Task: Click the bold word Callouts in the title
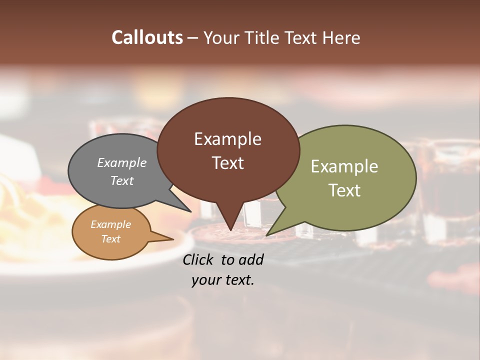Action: pos(147,37)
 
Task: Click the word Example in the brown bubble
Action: pos(227,139)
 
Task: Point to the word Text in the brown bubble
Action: pos(227,162)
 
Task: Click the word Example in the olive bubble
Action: pos(344,166)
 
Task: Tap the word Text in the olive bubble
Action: pos(344,190)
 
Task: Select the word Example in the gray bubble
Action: pos(122,162)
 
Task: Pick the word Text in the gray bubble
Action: pos(122,180)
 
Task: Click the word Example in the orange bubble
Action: pos(110,224)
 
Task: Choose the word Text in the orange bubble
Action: pos(110,239)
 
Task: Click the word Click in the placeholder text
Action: pos(199,259)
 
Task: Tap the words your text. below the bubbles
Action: pos(223,280)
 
